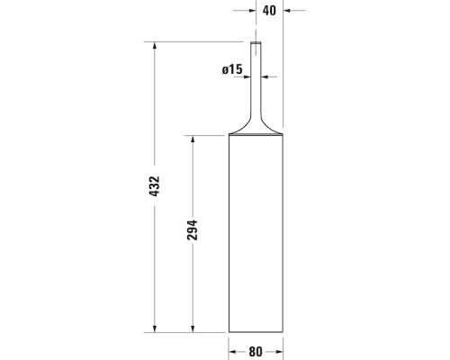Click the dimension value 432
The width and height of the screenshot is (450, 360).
pyautogui.click(x=155, y=186)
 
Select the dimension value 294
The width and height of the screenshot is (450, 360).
pyautogui.click(x=193, y=230)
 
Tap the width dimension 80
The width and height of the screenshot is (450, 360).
pyautogui.click(x=256, y=352)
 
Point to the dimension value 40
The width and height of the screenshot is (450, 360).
pyautogui.click(x=269, y=11)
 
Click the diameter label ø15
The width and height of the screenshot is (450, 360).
pyautogui.click(x=232, y=69)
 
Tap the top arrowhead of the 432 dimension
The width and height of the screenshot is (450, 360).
pyautogui.click(x=155, y=45)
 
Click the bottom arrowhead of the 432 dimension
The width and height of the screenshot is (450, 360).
pyautogui.click(x=155, y=328)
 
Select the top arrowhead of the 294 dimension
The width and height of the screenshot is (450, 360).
pyautogui.click(x=193, y=139)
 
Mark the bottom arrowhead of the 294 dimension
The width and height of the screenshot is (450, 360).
pyautogui.click(x=193, y=328)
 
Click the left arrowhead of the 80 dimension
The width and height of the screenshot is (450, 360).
pyautogui.click(x=232, y=352)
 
